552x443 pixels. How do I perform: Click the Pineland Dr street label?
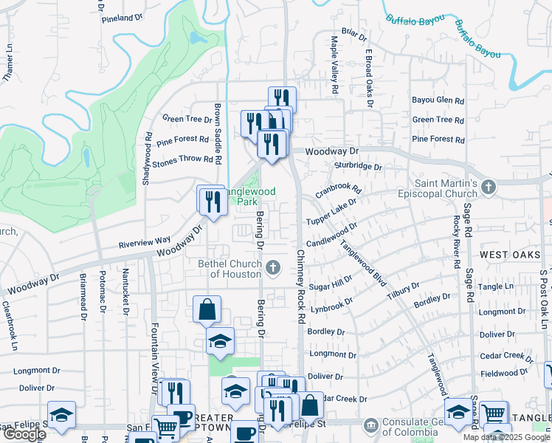coord(122,18)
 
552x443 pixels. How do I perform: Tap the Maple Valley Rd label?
coord(334,65)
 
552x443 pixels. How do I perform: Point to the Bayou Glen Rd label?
coord(438,100)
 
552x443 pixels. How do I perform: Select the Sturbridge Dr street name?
coord(358,167)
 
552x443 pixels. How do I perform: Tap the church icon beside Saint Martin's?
coord(487,188)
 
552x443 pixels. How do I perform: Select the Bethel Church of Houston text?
coord(230,269)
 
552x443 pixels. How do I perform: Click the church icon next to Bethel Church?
coord(274,267)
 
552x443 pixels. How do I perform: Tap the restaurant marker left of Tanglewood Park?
coord(211,201)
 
